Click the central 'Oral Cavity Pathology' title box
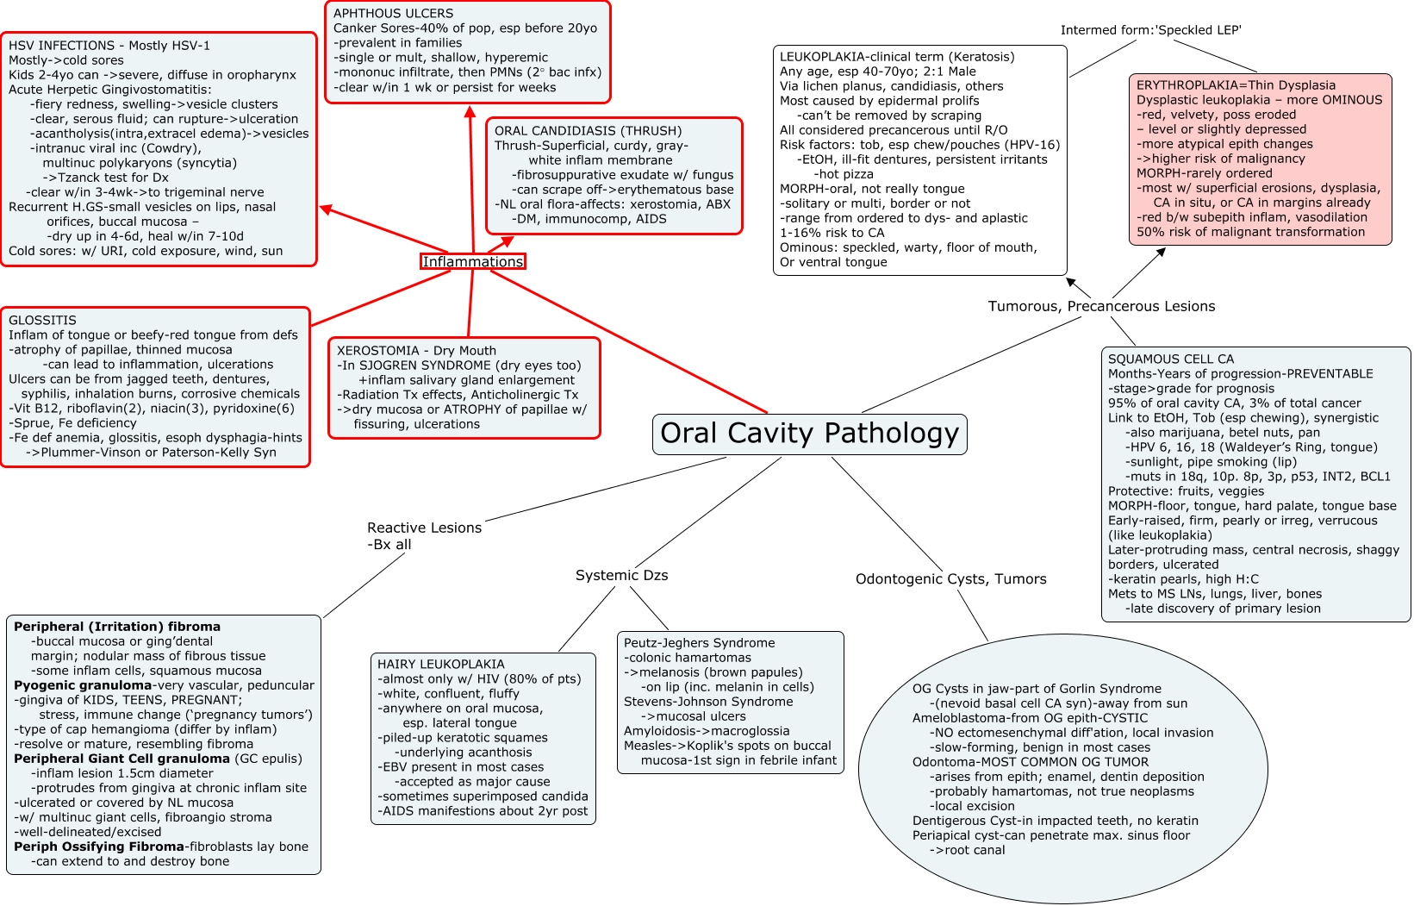tap(809, 434)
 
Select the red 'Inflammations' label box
tap(473, 261)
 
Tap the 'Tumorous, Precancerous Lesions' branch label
tap(1101, 306)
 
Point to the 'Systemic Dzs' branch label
tap(622, 575)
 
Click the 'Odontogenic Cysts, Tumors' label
tap(950, 579)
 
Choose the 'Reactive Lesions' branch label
tap(424, 528)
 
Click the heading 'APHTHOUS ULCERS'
tap(393, 13)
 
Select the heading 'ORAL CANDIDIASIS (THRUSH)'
tap(588, 131)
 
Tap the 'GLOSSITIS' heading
tap(42, 320)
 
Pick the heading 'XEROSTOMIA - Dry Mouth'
tap(416, 350)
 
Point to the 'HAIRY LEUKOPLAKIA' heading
tap(440, 664)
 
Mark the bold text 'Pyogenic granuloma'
tap(83, 685)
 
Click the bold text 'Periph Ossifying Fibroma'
tap(99, 847)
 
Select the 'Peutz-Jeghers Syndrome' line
tap(700, 643)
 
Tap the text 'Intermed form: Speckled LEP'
tap(1151, 30)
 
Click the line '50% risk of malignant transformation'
tap(1250, 232)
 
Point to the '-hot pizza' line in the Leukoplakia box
tap(844, 174)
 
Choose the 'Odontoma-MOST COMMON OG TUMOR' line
tap(1031, 762)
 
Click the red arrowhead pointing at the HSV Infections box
tap(327, 209)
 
